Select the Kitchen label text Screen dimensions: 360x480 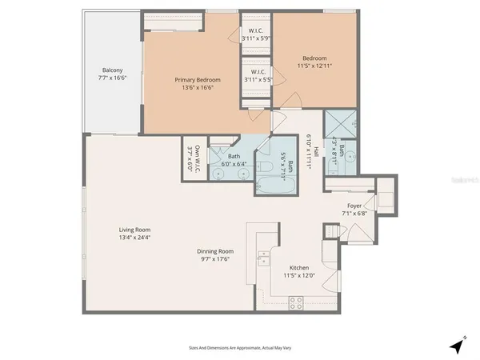click(x=299, y=267)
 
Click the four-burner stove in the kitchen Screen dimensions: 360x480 click(x=295, y=303)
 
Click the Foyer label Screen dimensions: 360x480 click(x=354, y=205)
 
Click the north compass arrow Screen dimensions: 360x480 click(x=457, y=346)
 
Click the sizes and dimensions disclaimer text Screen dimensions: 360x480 click(x=239, y=347)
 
